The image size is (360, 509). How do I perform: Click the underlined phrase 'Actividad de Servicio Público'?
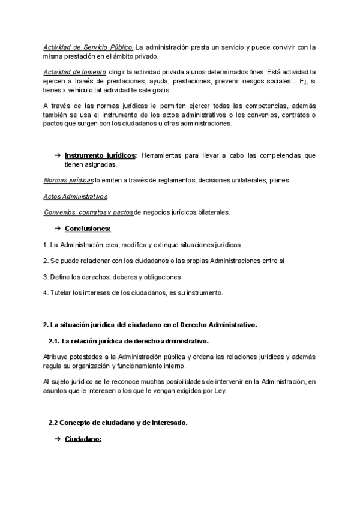pos(88,47)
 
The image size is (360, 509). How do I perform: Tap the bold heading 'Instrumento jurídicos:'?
pos(100,155)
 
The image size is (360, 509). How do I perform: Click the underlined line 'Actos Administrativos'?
pos(75,196)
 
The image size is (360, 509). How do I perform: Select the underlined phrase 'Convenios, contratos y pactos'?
pos(89,212)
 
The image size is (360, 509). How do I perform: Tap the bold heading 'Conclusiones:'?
pos(88,229)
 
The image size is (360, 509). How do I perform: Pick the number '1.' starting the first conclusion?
pos(46,245)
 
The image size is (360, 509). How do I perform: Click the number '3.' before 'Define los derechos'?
pos(46,277)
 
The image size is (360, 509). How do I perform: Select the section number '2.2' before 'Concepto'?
pos(53,423)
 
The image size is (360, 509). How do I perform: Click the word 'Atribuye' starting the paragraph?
pos(56,357)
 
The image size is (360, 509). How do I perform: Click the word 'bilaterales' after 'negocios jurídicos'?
pos(212,212)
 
